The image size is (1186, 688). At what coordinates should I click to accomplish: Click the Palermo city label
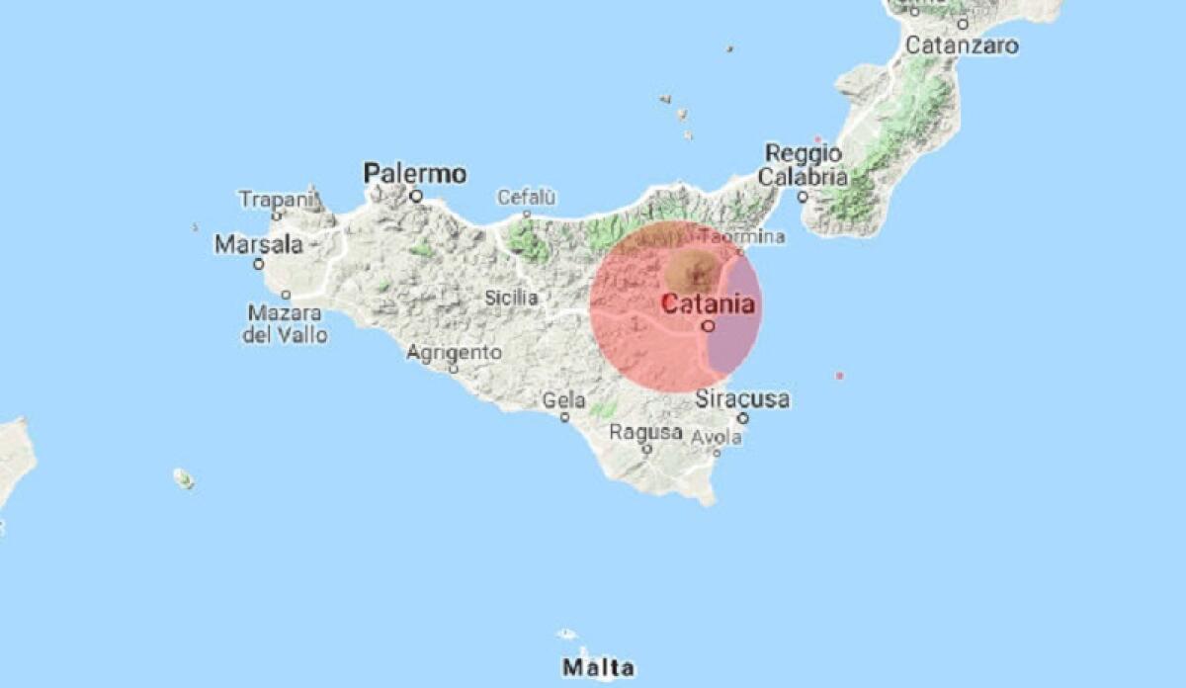point(415,173)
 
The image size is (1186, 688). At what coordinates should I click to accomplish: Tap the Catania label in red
point(708,303)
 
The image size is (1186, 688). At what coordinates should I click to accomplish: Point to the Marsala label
point(258,243)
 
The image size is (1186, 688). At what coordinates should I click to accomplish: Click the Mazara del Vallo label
point(286,323)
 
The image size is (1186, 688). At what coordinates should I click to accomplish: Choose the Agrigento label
point(455,352)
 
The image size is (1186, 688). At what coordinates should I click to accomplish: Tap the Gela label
point(564,400)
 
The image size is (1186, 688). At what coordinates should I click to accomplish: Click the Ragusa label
point(645,432)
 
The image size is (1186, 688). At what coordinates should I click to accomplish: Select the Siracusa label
point(742,399)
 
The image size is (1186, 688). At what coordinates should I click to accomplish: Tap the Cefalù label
point(527,197)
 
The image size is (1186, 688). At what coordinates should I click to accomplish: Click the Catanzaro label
point(962,44)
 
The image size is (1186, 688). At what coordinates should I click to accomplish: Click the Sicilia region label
point(512,297)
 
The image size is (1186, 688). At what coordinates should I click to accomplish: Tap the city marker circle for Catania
point(708,324)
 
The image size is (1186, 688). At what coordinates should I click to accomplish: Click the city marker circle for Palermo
point(416,196)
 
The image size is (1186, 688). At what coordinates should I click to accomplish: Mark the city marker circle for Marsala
point(258,264)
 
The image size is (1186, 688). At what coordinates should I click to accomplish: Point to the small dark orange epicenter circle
point(692,270)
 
